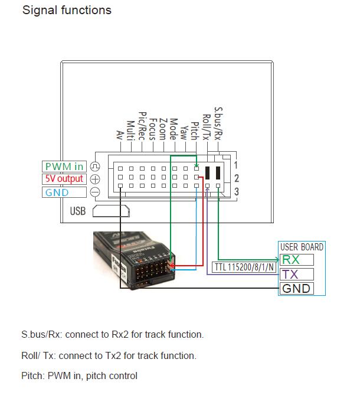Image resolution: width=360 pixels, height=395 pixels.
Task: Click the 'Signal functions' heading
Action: [66, 10]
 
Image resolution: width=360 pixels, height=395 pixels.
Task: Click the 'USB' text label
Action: [78, 211]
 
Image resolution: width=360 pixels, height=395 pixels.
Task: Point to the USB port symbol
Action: [110, 211]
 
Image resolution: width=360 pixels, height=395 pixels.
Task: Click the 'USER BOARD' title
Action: [302, 247]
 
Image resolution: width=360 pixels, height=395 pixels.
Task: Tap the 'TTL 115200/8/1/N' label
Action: [244, 267]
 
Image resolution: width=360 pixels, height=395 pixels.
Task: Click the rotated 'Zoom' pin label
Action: [163, 128]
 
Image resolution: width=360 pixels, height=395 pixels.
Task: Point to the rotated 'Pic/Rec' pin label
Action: [142, 124]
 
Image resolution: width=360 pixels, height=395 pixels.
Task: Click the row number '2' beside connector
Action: [236, 178]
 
